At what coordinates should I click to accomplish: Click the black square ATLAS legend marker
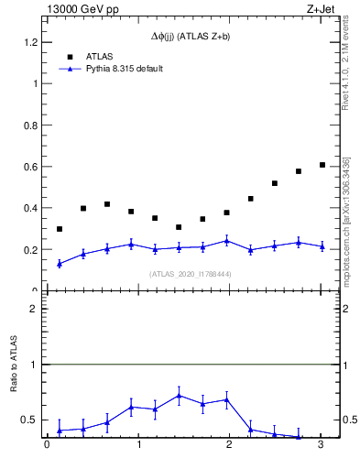click(x=70, y=56)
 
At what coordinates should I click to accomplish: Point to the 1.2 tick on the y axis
click(x=32, y=42)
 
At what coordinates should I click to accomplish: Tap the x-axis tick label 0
click(x=47, y=446)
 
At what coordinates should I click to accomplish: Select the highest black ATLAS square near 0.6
click(x=322, y=165)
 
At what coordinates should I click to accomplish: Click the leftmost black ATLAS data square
click(x=60, y=229)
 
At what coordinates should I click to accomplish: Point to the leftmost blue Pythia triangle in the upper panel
click(x=60, y=264)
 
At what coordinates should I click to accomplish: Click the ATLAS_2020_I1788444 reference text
click(x=191, y=274)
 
